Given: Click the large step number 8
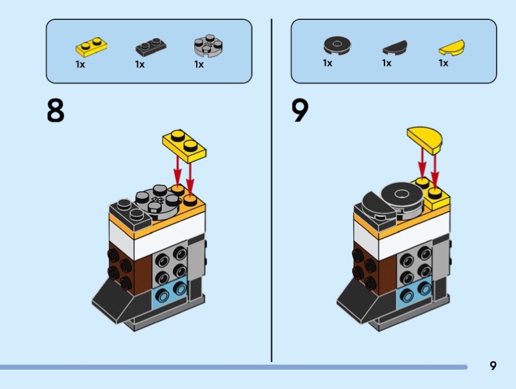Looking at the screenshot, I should (55, 110).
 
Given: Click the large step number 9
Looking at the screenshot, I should (300, 110).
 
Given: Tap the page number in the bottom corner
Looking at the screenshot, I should (493, 366).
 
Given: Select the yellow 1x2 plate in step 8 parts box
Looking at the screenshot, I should (91, 46).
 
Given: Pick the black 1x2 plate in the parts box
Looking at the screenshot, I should (150, 47).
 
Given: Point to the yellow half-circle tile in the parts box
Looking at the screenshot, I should (452, 48).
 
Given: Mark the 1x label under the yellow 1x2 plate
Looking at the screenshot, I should (80, 64).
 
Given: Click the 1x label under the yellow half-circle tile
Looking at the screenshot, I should (443, 63).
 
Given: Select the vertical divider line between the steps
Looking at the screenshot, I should (272, 193).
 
